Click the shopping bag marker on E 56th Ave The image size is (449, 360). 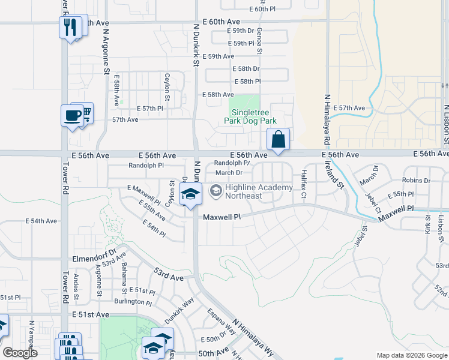click(279, 140)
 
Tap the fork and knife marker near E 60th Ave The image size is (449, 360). click(71, 27)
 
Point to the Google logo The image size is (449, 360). click(20, 353)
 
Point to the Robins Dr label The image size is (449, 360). click(417, 180)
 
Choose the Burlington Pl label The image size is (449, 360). click(133, 302)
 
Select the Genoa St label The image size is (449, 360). click(260, 40)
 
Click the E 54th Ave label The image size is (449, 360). click(41, 221)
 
